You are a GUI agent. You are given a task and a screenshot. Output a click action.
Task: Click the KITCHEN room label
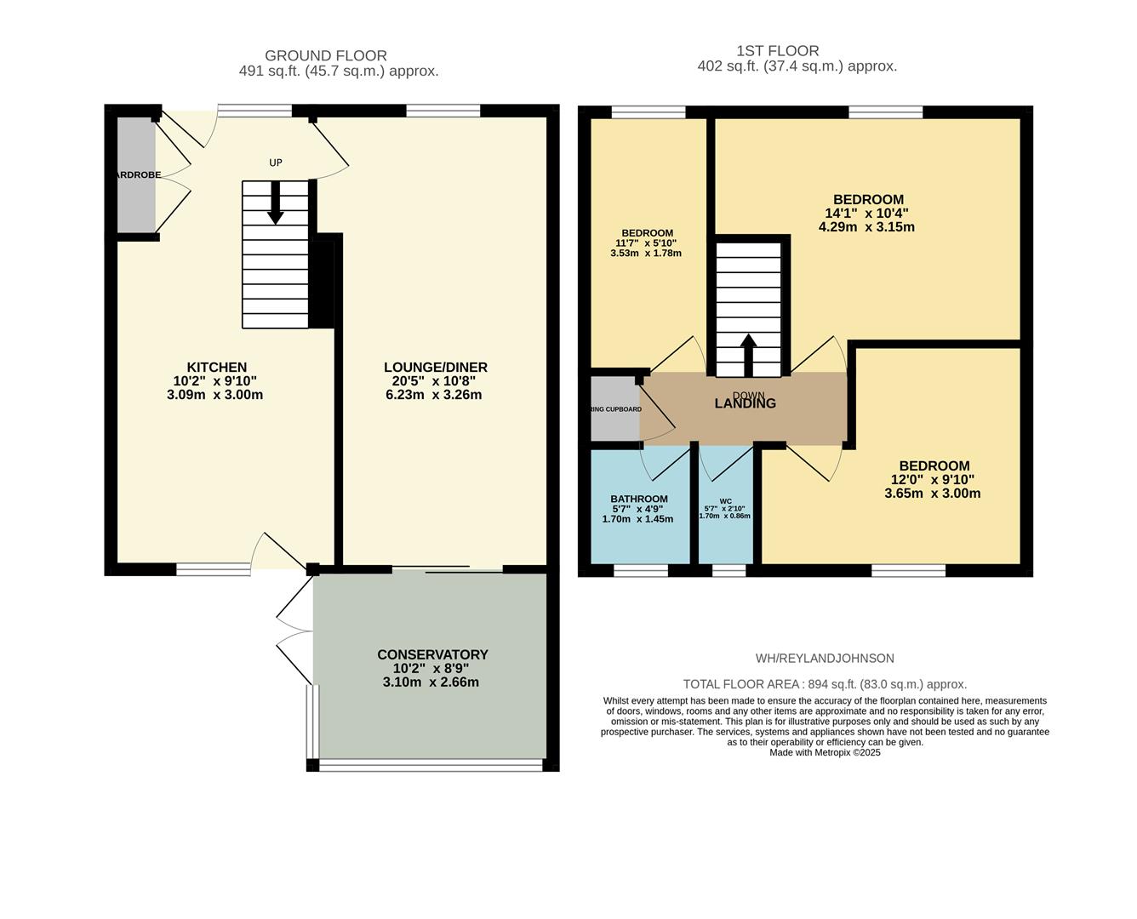216,368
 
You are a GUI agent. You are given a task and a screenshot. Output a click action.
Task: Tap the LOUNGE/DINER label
435,368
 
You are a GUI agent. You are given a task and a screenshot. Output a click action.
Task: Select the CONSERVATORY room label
432,654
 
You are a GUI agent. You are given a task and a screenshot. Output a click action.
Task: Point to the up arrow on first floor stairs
748,353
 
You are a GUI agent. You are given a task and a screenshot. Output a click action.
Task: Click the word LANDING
745,403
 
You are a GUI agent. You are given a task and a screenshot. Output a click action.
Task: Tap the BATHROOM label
638,499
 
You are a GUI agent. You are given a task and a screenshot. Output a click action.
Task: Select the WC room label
725,501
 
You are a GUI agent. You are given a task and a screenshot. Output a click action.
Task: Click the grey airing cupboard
614,409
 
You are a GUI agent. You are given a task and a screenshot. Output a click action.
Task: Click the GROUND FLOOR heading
326,56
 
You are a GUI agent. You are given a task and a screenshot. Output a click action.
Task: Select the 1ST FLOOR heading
778,51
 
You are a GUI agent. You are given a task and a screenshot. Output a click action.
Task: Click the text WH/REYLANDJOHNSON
825,659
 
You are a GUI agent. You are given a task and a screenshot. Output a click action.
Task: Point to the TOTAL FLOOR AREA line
825,684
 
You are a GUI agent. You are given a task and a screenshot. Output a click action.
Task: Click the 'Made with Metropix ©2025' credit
825,753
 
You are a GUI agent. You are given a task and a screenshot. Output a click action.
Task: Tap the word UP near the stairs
275,163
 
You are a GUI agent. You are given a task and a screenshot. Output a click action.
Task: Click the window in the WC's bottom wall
728,571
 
